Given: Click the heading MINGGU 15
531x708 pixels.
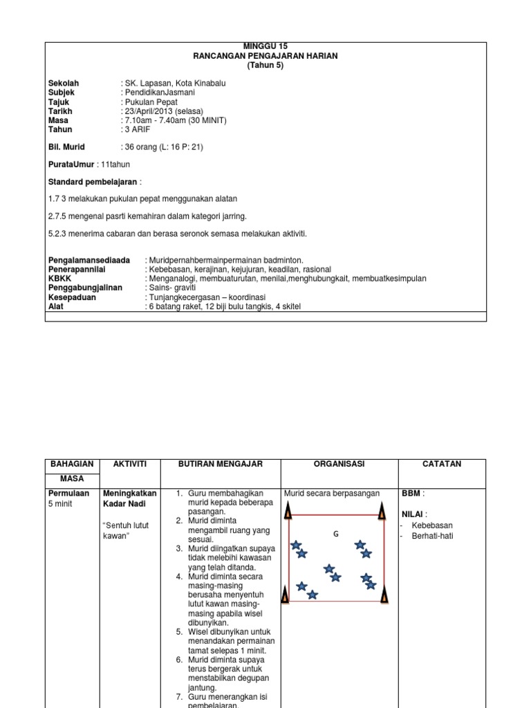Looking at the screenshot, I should coord(265,46).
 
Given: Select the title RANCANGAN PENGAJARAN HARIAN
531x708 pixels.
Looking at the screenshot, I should coord(265,56).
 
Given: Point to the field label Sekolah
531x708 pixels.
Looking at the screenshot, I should coord(63,83).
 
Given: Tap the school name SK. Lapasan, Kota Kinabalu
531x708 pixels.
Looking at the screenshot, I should coord(175,83).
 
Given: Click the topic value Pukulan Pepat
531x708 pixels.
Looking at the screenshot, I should coord(151,102).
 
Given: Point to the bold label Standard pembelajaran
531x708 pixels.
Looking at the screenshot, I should coord(94,182).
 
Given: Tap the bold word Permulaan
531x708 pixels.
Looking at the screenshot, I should coord(69,493).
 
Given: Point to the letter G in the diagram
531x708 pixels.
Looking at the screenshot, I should coord(336,533).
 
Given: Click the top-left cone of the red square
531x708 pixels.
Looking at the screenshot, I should coord(288,510).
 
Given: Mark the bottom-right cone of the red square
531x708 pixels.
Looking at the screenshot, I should coord(384,595).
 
